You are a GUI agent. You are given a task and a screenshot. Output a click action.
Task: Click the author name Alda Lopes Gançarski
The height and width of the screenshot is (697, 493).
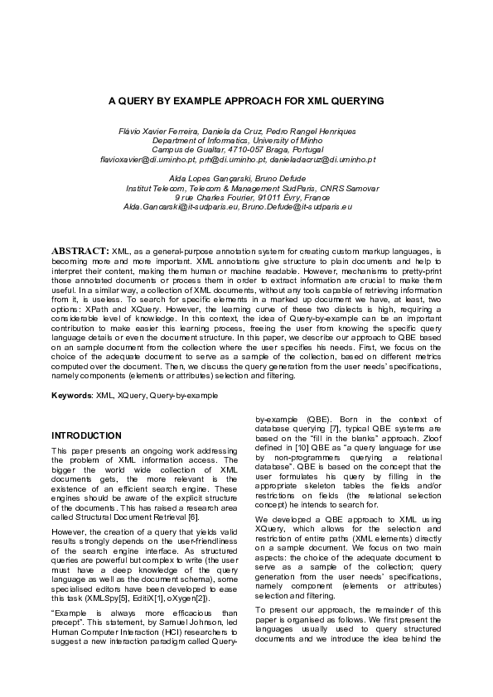[x=206, y=179]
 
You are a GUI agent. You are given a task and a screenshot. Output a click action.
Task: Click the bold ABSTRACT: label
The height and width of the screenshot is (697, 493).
[x=80, y=249]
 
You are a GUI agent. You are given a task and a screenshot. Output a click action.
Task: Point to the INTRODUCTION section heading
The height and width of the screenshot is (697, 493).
[x=86, y=435]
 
